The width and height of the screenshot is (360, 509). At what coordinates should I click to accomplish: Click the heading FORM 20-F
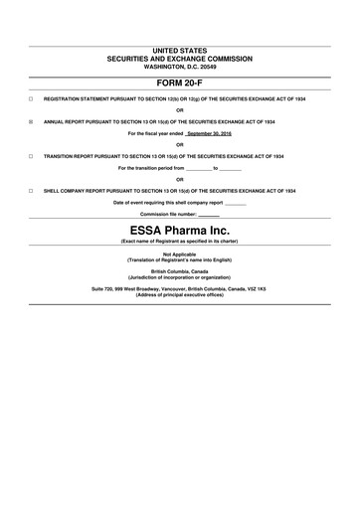tap(180, 83)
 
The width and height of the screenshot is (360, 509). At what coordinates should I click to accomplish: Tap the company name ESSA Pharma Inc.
tap(180, 229)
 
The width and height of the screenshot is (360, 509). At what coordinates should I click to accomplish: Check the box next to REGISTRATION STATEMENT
tap(31, 100)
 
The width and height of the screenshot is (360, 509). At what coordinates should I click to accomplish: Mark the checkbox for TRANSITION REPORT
tap(31, 156)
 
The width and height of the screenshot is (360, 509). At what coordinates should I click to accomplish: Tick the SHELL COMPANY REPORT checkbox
tap(31, 190)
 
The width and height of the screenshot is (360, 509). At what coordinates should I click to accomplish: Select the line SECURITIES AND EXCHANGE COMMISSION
tap(180, 58)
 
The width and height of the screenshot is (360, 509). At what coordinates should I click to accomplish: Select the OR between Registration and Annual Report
tap(180, 110)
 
